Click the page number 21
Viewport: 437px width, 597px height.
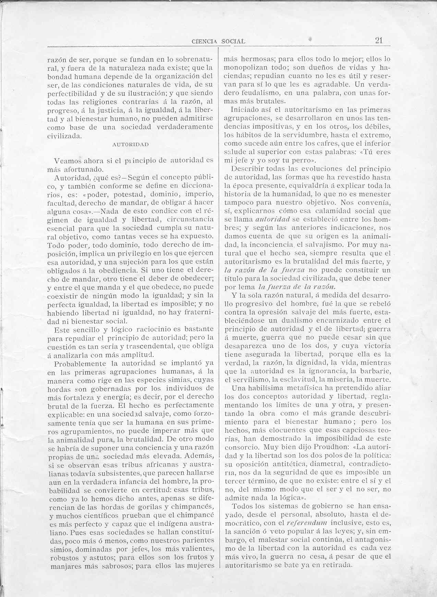click(379, 40)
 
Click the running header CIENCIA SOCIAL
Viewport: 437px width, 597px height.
click(219, 42)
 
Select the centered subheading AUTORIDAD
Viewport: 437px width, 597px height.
click(131, 144)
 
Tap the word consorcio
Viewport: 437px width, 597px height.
click(240, 447)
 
